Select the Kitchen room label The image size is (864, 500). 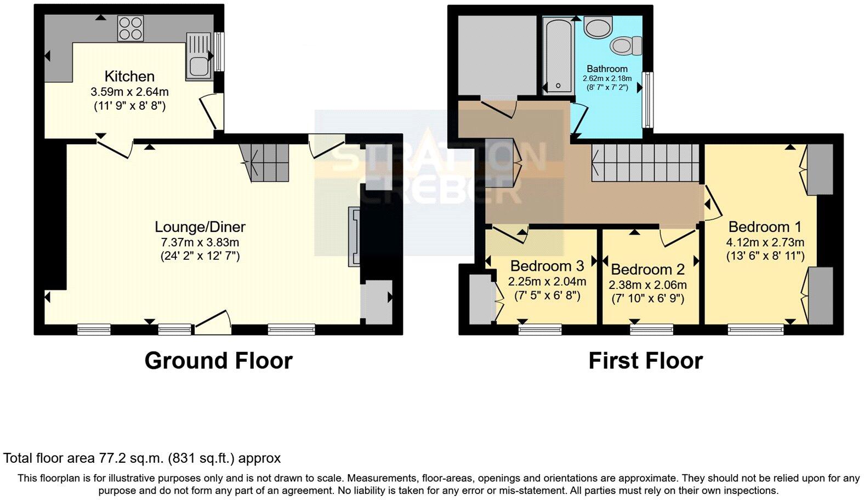coord(129,76)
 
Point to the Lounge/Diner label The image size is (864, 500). coord(200,226)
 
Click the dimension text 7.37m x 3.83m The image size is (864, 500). coord(200,242)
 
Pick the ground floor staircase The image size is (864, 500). coord(266,162)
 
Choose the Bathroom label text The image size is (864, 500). coord(606,69)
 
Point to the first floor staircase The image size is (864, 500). coord(646,162)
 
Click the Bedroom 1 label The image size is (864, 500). coord(765,226)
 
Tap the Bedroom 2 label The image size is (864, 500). coord(647,269)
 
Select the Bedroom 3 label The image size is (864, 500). coord(547,266)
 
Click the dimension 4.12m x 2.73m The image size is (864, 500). coord(765,242)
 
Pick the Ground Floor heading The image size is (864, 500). coord(218,361)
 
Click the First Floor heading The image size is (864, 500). coord(645,361)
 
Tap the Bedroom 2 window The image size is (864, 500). coord(651,329)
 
